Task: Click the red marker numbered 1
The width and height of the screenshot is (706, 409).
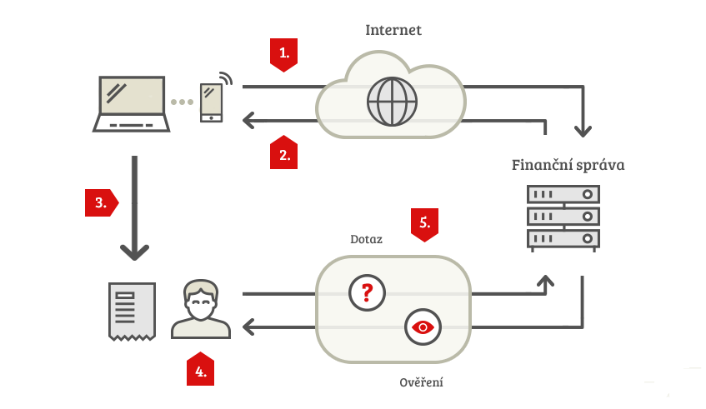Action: [x=283, y=54]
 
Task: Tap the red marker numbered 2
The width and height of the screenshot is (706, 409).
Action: [x=283, y=153]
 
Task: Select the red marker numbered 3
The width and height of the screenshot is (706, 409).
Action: [x=102, y=203]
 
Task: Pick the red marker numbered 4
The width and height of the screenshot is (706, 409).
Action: [x=200, y=369]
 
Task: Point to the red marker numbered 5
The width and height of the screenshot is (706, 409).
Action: [x=424, y=225]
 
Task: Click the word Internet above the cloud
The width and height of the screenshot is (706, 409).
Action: [x=393, y=30]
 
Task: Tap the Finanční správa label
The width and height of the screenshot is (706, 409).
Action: [x=568, y=165]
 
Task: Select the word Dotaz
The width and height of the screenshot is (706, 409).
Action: [x=366, y=239]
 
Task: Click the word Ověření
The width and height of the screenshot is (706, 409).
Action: [x=421, y=382]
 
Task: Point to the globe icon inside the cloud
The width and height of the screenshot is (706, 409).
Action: [x=392, y=102]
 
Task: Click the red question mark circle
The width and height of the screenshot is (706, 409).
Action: [x=367, y=293]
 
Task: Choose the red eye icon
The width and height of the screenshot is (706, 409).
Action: [x=423, y=327]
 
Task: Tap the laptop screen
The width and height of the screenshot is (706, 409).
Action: [x=132, y=95]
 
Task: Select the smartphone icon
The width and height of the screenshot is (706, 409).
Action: [x=211, y=102]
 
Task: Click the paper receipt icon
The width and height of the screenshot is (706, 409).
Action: [x=132, y=312]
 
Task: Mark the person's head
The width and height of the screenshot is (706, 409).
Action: [x=201, y=300]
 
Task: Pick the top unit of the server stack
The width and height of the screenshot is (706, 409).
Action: [x=563, y=194]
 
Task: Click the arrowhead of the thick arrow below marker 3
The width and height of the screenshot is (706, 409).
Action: [x=135, y=252]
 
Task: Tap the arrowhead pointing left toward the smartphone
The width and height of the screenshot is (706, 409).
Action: [x=248, y=120]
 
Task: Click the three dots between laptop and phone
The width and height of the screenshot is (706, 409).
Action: [x=182, y=102]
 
